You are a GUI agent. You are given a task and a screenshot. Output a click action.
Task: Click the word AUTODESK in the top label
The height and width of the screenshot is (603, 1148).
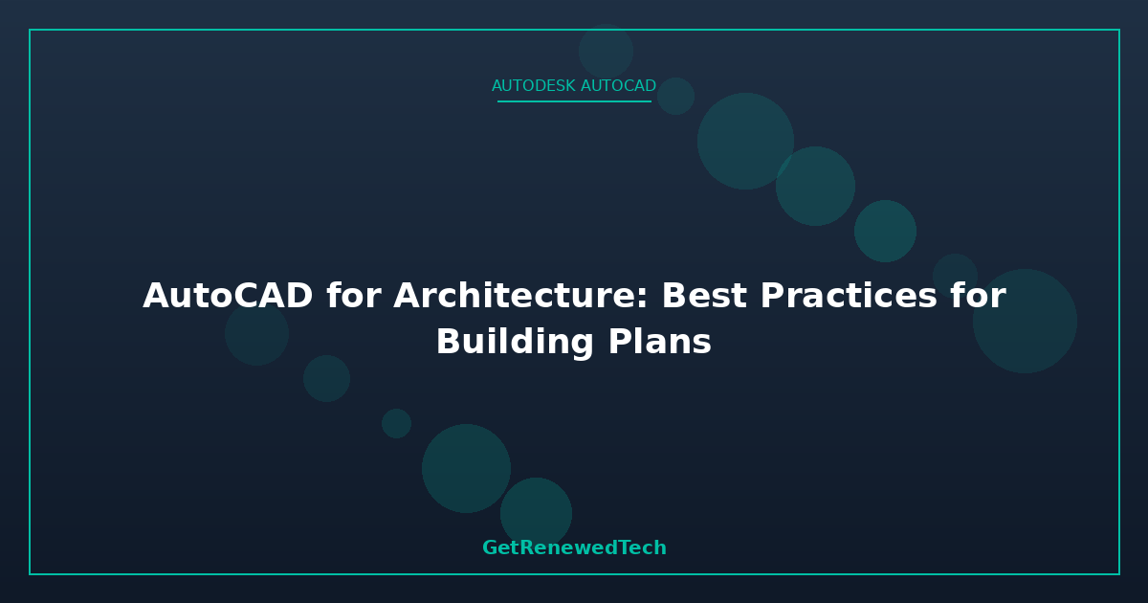[534, 85]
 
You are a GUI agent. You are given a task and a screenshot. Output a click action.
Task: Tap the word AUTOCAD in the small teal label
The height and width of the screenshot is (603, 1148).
[618, 85]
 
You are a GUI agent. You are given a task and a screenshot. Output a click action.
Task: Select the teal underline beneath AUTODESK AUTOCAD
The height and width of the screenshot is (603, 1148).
[574, 101]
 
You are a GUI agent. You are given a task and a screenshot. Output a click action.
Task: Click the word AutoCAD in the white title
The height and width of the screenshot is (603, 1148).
[228, 296]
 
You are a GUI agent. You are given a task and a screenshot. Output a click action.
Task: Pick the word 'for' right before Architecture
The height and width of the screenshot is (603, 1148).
[354, 296]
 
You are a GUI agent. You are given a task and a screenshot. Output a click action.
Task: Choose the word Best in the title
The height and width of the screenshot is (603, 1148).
[704, 296]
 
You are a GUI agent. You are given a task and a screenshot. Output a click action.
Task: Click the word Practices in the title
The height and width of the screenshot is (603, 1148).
[849, 296]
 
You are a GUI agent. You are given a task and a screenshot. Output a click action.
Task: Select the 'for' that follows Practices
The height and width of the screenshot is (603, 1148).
[978, 296]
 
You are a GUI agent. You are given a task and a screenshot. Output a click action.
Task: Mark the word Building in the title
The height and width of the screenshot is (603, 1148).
[515, 342]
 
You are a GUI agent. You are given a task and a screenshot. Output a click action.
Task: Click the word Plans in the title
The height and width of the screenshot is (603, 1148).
[659, 342]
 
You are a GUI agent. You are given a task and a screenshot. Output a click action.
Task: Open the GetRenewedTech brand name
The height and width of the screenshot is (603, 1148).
[574, 547]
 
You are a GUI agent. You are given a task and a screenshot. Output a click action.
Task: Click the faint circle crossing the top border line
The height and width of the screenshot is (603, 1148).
[606, 52]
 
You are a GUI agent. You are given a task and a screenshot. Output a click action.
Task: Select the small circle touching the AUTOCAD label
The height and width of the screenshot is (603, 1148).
[675, 96]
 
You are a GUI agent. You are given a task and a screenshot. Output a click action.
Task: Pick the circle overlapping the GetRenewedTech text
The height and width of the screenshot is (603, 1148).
[536, 513]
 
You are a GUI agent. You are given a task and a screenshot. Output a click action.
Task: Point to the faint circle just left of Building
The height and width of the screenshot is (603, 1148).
[256, 334]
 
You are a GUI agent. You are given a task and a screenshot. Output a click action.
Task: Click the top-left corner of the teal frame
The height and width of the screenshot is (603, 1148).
[30, 30]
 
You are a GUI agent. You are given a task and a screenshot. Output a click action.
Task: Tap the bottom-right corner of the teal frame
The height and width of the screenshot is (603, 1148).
[1119, 574]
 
